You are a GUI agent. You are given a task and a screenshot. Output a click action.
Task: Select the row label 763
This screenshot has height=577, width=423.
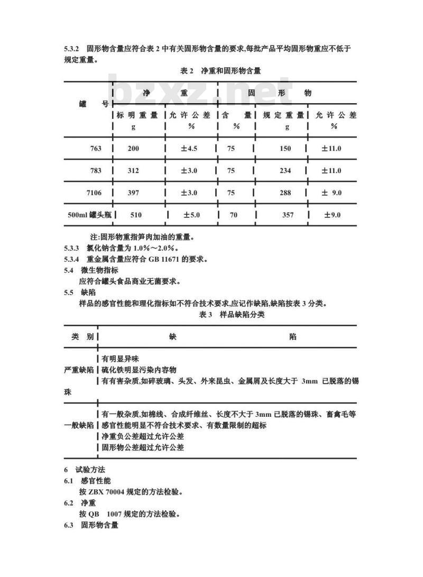click(x=96, y=149)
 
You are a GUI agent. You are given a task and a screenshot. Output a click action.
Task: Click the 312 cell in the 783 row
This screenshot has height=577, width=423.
click(x=133, y=171)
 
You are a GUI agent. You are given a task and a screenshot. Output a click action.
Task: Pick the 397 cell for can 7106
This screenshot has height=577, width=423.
click(x=133, y=193)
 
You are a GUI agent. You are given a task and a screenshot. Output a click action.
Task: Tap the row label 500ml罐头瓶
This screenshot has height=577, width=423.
click(x=87, y=215)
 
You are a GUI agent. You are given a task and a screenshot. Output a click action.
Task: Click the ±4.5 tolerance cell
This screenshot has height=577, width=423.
click(x=189, y=149)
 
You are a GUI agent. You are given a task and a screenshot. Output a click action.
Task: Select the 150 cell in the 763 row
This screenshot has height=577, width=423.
click(x=285, y=149)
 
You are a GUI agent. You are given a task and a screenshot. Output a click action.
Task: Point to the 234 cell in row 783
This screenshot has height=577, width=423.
click(x=285, y=171)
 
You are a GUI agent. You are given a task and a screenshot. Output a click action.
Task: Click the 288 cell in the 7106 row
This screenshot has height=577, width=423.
click(x=285, y=193)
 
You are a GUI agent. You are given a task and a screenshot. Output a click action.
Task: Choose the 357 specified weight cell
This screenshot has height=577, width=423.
click(x=288, y=215)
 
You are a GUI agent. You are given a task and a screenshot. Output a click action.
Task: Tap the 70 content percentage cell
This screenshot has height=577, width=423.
click(x=234, y=215)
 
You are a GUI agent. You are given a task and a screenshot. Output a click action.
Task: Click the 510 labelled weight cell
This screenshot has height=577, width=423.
click(x=136, y=215)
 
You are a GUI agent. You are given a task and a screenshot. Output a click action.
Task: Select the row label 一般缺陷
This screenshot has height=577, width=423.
click(x=79, y=425)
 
